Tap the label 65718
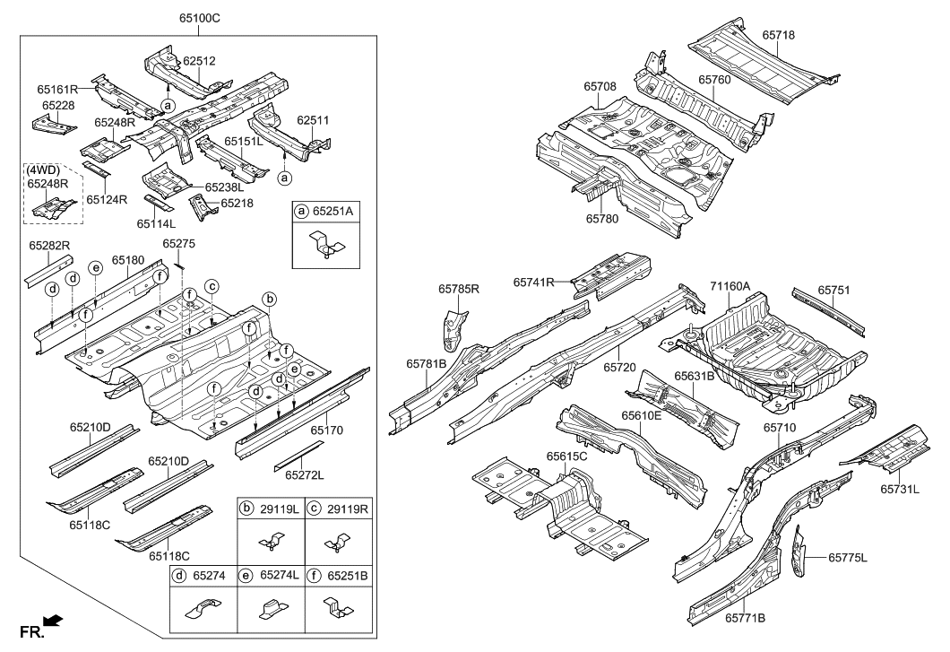point(779,35)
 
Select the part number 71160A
point(730,286)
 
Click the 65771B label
point(746,618)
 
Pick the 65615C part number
point(566,456)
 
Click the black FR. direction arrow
point(54,620)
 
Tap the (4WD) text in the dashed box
point(42,170)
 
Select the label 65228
point(58,106)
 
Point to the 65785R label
point(459,289)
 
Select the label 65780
point(604,217)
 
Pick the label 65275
point(178,243)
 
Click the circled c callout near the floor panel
point(212,286)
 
